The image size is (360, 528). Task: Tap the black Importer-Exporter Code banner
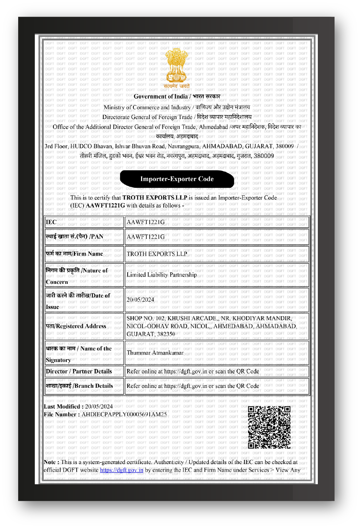click(177, 179)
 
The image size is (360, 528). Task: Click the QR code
click(269, 427)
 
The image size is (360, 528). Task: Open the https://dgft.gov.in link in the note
click(121, 470)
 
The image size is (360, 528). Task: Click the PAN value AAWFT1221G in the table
click(145, 237)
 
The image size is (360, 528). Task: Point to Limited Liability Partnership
click(161, 275)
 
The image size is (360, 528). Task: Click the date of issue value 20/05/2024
click(140, 300)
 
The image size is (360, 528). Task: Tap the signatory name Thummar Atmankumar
click(155, 353)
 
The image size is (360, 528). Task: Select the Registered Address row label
click(76, 326)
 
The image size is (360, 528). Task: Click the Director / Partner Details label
click(79, 372)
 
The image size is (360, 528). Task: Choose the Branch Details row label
click(79, 386)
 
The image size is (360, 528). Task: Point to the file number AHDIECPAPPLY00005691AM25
click(124, 414)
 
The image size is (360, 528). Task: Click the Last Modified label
click(62, 406)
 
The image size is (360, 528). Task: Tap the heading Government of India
click(161, 96)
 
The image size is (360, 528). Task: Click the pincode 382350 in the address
click(166, 334)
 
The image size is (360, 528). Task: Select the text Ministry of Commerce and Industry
click(147, 107)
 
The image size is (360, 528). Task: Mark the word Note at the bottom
click(49, 462)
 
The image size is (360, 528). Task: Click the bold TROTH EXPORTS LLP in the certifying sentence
click(155, 198)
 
